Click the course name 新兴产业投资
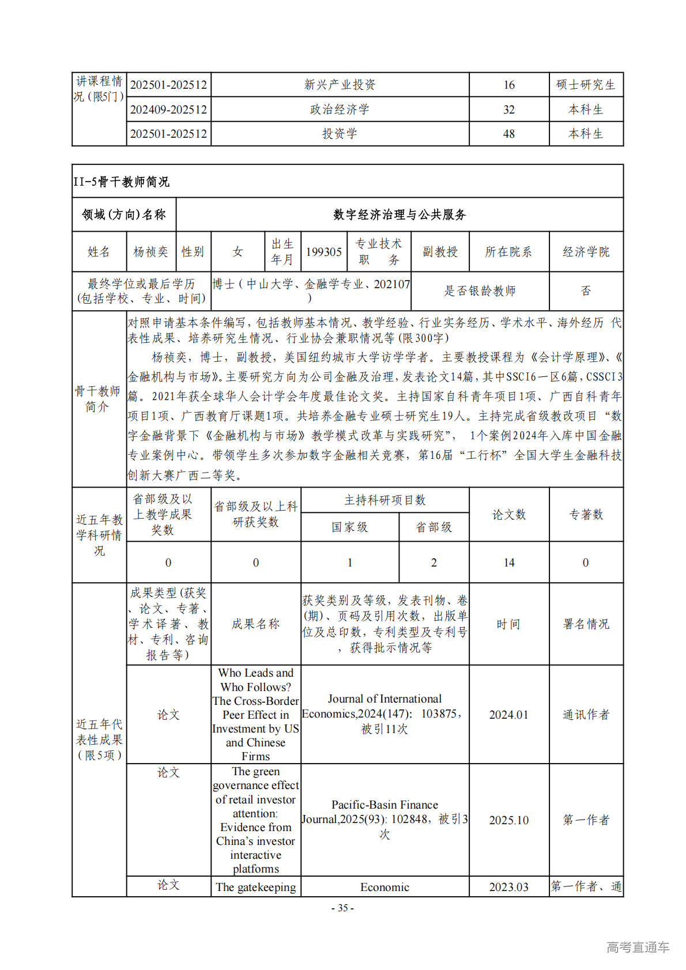(340, 85)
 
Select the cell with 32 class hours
(508, 110)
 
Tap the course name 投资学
(340, 134)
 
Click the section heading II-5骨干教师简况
(122, 182)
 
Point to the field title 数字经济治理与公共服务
(399, 215)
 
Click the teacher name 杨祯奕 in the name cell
(150, 252)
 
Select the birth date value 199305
(323, 252)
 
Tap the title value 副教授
(440, 252)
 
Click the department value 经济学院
(586, 252)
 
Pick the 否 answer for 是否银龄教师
(586, 291)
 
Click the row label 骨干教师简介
(98, 399)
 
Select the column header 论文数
(508, 515)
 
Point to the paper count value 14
(508, 563)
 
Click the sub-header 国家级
(349, 527)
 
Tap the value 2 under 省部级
(434, 563)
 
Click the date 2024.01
(508, 715)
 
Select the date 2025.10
(508, 820)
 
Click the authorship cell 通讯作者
(586, 715)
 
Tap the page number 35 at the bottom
(342, 908)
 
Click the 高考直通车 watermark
(638, 946)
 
